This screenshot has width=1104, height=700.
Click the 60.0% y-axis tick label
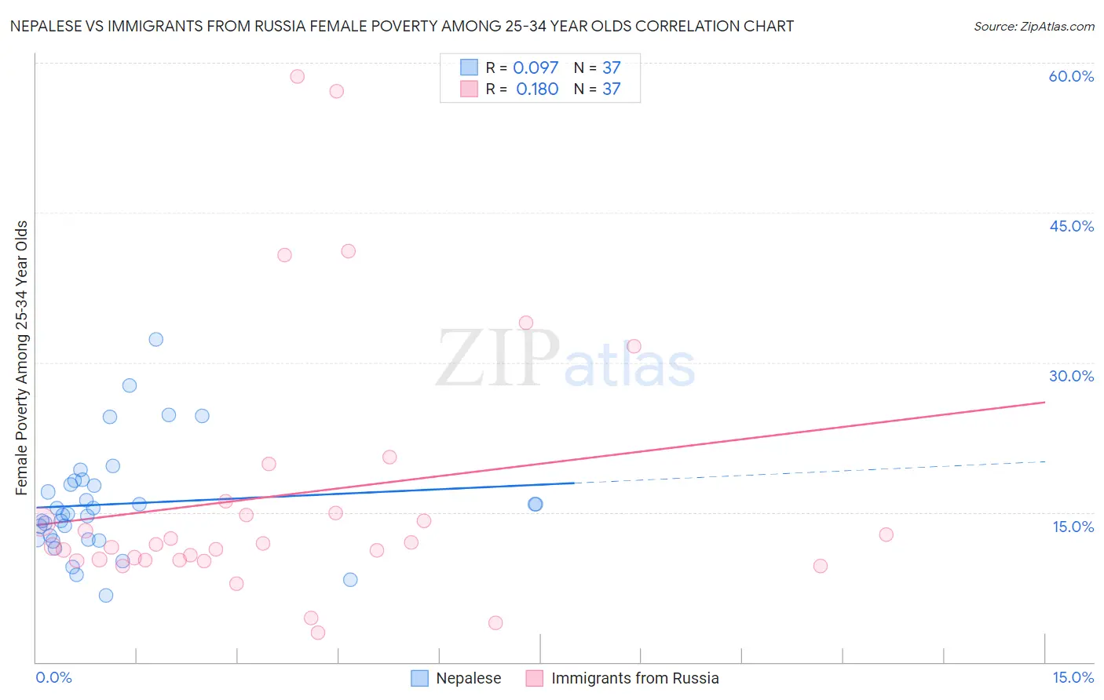(1071, 76)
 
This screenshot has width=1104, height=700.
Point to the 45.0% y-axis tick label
(1071, 226)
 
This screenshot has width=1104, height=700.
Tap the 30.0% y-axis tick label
(1071, 376)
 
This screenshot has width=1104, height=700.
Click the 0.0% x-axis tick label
(53, 677)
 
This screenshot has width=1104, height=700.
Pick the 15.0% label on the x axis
(1073, 677)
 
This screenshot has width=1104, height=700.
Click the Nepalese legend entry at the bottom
(468, 678)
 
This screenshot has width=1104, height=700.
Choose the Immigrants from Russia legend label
(634, 678)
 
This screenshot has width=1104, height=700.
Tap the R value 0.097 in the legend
(536, 67)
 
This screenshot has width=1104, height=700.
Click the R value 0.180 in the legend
(537, 89)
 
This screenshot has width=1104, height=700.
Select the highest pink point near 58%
(297, 76)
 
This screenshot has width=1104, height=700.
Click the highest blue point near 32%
(156, 340)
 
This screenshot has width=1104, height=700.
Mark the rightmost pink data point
(886, 534)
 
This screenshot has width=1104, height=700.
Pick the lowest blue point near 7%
(106, 595)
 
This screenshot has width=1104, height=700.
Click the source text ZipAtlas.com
(1034, 27)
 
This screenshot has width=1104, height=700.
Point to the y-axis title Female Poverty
(21, 358)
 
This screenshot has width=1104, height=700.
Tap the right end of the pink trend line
(1044, 402)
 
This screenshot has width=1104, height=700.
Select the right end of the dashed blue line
(1044, 461)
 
